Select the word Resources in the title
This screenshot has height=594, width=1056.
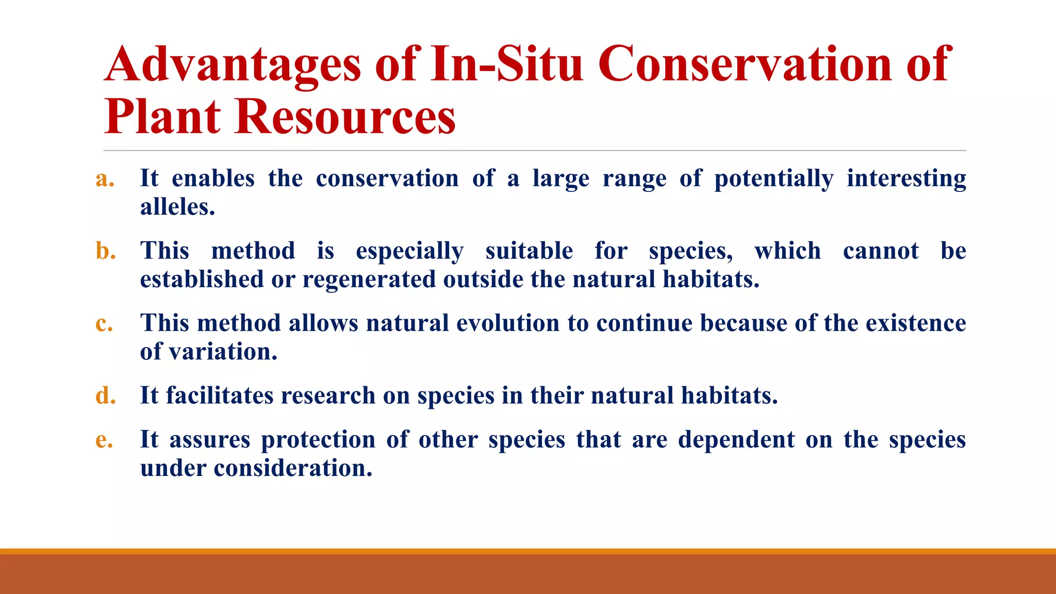pyautogui.click(x=345, y=117)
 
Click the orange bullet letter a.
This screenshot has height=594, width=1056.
pyautogui.click(x=105, y=179)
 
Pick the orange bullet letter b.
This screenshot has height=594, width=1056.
pyautogui.click(x=105, y=251)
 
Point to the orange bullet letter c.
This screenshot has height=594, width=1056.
pyautogui.click(x=104, y=324)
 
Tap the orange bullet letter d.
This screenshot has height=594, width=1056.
pyautogui.click(x=105, y=396)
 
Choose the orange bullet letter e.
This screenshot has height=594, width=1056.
pyautogui.click(x=104, y=440)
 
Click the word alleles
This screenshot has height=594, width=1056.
pyautogui.click(x=177, y=207)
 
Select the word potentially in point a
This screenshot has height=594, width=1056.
pyautogui.click(x=773, y=179)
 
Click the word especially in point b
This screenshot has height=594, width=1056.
pyautogui.click(x=409, y=252)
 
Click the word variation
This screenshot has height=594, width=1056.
pyautogui.click(x=222, y=352)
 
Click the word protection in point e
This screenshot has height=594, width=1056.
pyautogui.click(x=318, y=440)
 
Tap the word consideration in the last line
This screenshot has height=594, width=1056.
pyautogui.click(x=292, y=468)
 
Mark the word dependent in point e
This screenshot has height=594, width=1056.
pyautogui.click(x=736, y=440)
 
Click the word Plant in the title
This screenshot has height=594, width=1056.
pyautogui.click(x=162, y=117)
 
